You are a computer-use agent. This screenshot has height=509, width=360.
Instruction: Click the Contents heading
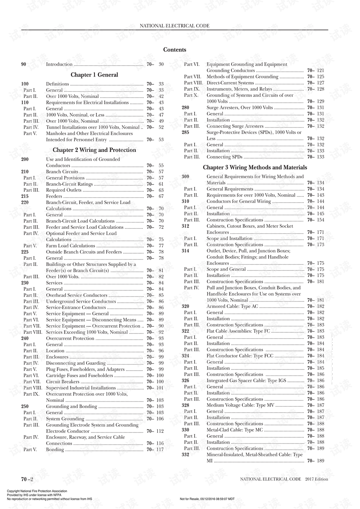174,50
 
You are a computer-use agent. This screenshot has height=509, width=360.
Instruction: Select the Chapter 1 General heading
94,75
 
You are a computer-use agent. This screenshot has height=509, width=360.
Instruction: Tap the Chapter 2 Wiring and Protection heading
94,150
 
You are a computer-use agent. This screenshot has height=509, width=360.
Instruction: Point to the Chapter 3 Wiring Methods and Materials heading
255,168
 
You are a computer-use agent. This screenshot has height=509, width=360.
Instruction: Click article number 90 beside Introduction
24,65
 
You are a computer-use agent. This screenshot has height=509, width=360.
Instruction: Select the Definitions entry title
57,84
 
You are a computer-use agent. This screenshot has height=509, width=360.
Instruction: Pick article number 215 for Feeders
25,196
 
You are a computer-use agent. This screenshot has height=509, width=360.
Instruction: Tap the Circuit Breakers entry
63,382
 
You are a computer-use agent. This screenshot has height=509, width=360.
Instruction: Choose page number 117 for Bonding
160,450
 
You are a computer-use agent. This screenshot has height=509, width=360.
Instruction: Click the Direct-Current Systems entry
230,83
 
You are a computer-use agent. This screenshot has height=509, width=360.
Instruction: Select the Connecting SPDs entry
224,157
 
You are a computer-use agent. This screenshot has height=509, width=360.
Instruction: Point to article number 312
185,226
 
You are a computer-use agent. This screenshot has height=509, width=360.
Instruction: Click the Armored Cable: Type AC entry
232,306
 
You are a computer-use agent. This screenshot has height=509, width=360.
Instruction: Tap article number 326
185,381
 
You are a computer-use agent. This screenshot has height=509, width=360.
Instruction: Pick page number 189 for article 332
320,461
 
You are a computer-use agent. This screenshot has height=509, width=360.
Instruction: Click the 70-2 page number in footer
27,479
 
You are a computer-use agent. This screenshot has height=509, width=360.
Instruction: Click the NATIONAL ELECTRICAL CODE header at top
174,26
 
